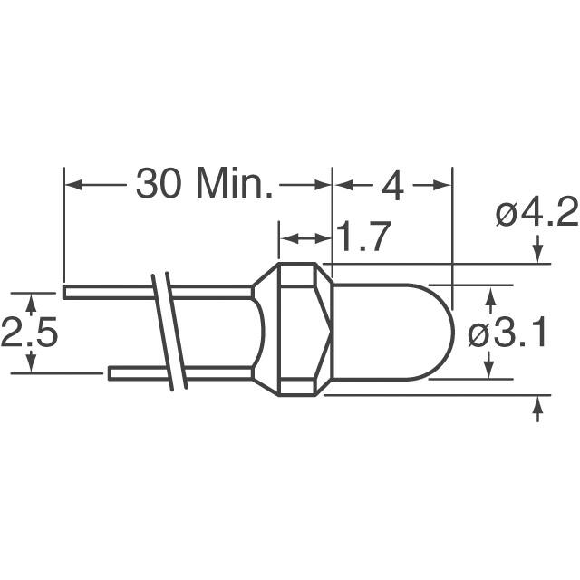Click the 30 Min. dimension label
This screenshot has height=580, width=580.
(204, 184)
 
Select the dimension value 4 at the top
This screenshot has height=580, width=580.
(392, 185)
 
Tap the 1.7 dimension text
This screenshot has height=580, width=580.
(363, 237)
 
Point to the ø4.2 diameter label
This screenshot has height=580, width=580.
(536, 212)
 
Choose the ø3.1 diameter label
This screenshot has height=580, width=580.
(507, 333)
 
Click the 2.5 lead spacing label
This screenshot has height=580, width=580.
(29, 332)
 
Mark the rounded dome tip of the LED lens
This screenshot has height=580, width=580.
(453, 332)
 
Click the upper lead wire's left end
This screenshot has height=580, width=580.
(64, 292)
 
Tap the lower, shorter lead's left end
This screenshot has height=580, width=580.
(109, 373)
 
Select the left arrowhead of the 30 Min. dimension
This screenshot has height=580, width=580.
(73, 184)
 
